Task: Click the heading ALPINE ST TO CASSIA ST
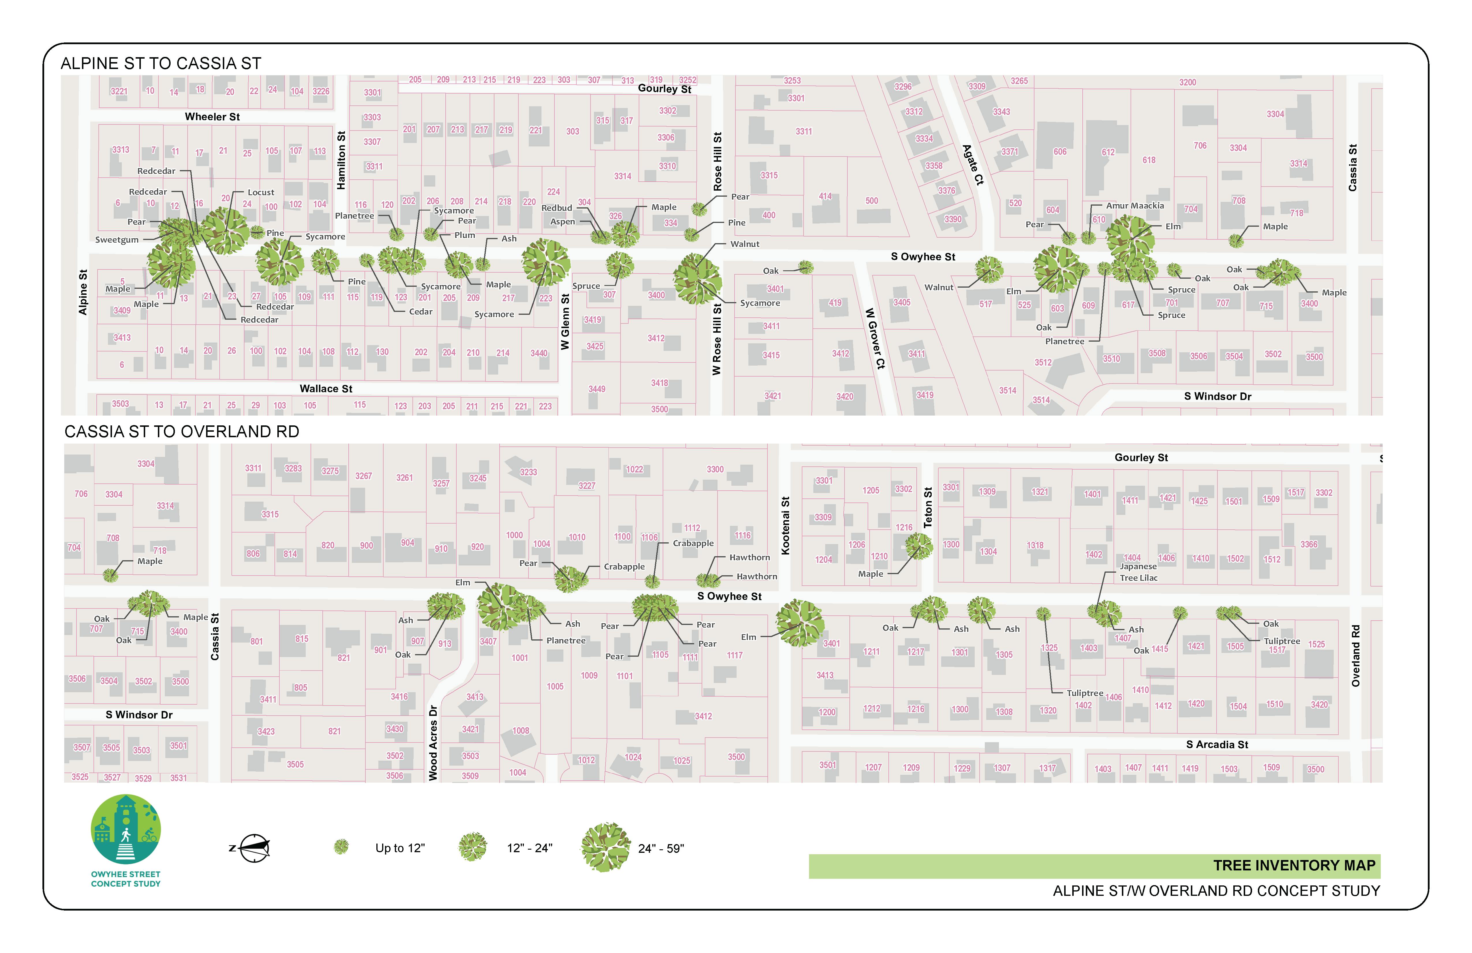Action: coord(161,64)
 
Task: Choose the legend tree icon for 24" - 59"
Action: coord(605,847)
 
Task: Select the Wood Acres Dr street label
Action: coord(433,742)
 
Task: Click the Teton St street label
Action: coord(928,507)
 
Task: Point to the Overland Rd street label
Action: coord(1356,656)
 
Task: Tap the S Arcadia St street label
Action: coord(1217,744)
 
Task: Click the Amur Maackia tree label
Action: coord(1135,205)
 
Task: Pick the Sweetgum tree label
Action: coord(117,239)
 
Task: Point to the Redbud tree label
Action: coord(557,208)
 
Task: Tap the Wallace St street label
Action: coord(326,389)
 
